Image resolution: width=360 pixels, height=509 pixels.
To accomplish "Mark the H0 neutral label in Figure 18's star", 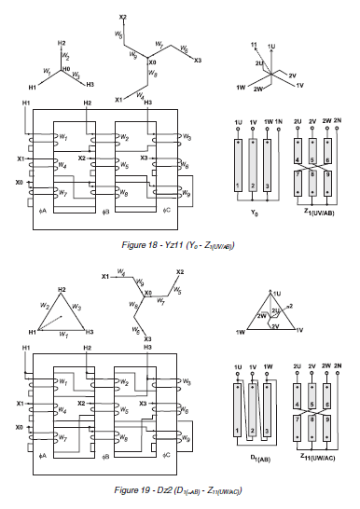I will pyautogui.click(x=65, y=69).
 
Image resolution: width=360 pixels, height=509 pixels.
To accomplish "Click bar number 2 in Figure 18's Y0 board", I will pyautogui.click(x=254, y=186).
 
